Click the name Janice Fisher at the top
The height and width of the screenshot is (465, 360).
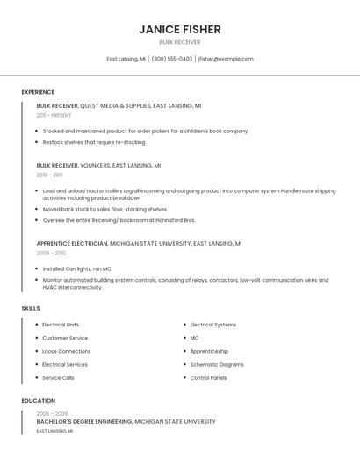(180, 29)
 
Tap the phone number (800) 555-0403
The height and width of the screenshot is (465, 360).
(171, 59)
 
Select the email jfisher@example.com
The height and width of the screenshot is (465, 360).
(226, 59)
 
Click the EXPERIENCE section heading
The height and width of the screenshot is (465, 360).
(38, 92)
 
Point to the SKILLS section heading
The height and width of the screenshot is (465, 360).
(31, 308)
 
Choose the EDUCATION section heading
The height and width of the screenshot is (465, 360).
(38, 401)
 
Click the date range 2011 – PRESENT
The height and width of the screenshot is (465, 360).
(54, 115)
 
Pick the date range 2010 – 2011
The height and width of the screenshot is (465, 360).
(49, 175)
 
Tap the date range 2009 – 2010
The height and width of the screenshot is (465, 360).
(51, 253)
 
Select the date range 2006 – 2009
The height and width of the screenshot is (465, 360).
(52, 413)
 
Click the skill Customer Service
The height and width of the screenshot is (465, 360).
(65, 338)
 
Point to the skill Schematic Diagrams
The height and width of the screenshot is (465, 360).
(217, 364)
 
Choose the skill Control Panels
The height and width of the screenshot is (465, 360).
(208, 378)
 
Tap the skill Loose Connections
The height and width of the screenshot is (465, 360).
(66, 351)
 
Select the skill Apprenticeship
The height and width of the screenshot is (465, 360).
(209, 351)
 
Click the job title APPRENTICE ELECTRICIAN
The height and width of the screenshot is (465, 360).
(72, 243)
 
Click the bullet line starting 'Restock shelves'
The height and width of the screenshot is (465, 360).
(94, 142)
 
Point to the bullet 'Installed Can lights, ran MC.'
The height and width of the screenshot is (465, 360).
(77, 268)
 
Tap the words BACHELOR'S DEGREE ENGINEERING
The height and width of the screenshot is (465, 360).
(83, 422)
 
